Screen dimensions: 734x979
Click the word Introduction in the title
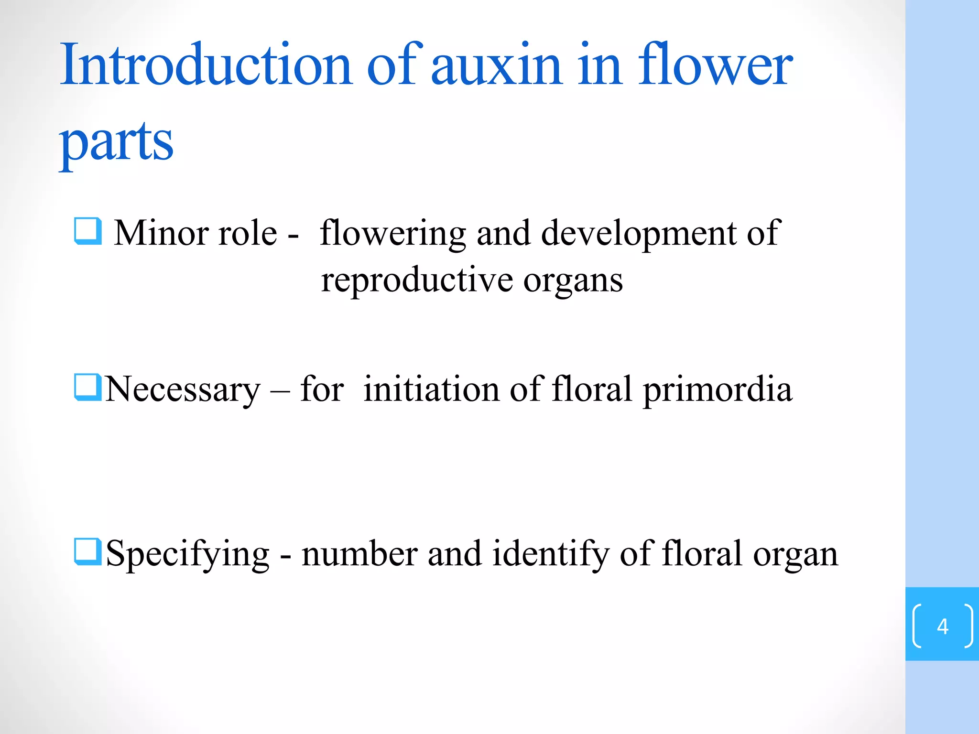[206, 65]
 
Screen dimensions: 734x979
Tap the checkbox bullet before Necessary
[88, 387]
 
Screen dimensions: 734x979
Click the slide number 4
[942, 626]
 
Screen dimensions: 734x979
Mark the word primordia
[718, 390]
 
